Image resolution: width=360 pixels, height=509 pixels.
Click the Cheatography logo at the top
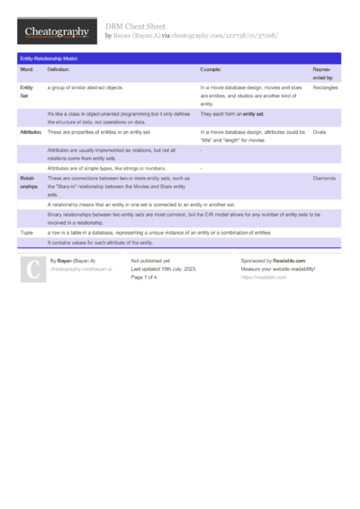[x=56, y=31]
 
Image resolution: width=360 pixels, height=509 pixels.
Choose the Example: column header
[x=211, y=68]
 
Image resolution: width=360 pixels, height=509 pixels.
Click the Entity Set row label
[x=26, y=92]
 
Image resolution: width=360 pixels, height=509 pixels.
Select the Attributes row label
[x=30, y=132]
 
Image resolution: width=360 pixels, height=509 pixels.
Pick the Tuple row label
[x=26, y=231]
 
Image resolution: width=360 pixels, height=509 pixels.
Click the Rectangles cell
[x=326, y=87]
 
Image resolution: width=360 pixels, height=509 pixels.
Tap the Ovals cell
[x=319, y=132]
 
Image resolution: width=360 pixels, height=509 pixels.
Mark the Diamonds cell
[x=324, y=178]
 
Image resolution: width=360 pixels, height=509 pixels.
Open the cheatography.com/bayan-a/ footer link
[x=81, y=269]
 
